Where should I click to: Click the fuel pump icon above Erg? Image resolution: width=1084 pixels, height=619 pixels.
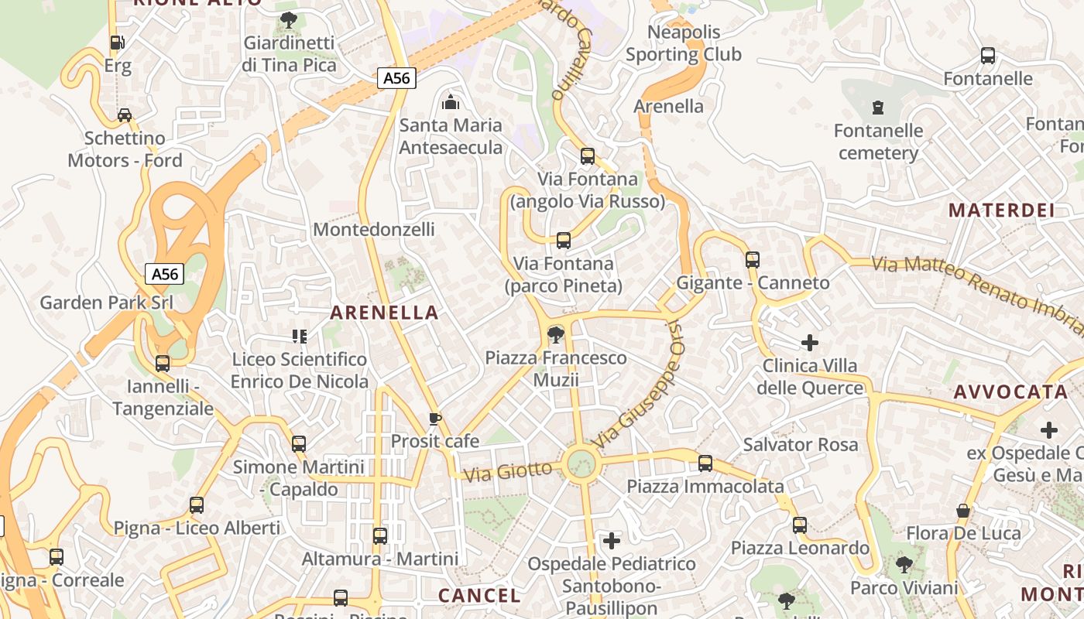[117, 43]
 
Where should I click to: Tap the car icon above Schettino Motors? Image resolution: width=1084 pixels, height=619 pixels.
[124, 115]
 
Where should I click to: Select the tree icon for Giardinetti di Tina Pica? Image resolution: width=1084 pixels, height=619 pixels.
[289, 19]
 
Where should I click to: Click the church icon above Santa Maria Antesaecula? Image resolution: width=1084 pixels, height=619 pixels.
[450, 101]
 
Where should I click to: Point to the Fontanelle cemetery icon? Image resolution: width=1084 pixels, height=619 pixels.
[877, 107]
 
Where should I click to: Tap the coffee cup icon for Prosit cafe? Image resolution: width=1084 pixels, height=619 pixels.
[434, 419]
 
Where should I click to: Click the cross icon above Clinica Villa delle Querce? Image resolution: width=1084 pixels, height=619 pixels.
[810, 342]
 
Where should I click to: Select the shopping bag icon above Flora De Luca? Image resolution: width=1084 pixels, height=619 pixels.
[963, 511]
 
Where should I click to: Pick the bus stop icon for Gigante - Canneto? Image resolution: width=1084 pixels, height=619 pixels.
[752, 260]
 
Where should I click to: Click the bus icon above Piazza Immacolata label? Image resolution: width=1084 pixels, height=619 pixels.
[705, 463]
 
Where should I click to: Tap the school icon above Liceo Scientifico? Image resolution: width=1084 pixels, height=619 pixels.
[299, 336]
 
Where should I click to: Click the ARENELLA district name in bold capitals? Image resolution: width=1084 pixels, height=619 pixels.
[384, 313]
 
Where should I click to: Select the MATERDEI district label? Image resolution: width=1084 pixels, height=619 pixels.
[1001, 210]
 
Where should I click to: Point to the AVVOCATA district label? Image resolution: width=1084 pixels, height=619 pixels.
[1010, 392]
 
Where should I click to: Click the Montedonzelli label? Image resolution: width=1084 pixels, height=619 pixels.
[373, 230]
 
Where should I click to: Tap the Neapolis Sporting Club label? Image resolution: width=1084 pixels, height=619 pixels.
[683, 43]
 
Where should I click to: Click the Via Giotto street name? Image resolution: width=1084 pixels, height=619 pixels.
[507, 470]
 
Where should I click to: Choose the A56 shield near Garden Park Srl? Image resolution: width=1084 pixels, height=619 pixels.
[165, 274]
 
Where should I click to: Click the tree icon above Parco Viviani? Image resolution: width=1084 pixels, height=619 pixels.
[904, 565]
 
